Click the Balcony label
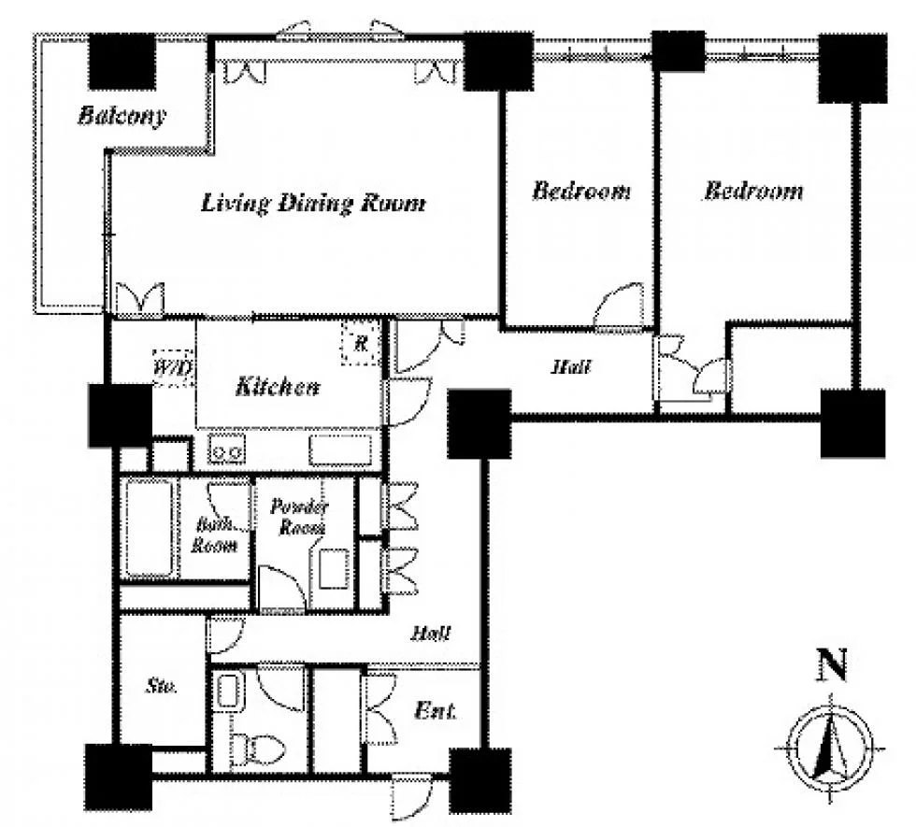tap(122, 115)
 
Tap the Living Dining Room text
tap(313, 203)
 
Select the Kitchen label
tap(277, 386)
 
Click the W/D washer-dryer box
tap(173, 368)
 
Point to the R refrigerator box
tap(361, 344)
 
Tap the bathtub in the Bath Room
tap(149, 529)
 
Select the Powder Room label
tap(299, 516)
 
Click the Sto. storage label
tap(161, 685)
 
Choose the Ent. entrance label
tap(435, 711)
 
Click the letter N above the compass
tap(831, 665)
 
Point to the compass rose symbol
tap(830, 748)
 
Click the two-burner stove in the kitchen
tap(226, 449)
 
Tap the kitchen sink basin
tap(340, 449)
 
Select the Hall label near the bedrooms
tap(571, 366)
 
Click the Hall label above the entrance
tap(431, 633)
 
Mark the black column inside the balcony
tap(122, 61)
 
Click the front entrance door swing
tap(411, 795)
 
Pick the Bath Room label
tap(214, 535)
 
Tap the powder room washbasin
tap(335, 569)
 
